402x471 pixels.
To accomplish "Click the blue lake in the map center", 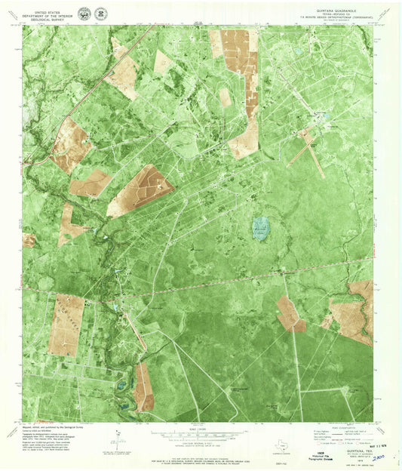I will pos(260,227).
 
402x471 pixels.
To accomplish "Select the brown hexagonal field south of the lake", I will pos(290,314).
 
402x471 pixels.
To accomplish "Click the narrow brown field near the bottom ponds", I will pos(143,386).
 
